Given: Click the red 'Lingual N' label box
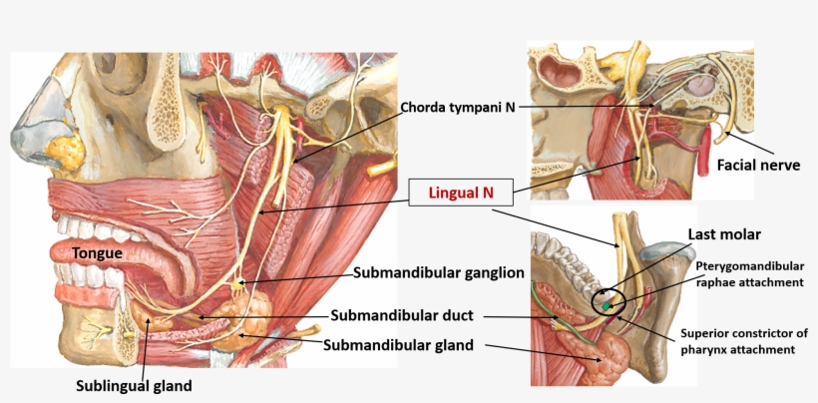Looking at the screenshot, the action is coord(461,193).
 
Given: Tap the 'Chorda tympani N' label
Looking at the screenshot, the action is coord(458,108).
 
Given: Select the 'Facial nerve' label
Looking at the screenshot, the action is coord(758,166).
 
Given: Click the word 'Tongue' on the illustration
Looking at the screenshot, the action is coord(98,254).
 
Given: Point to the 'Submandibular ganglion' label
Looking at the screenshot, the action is coord(438,272).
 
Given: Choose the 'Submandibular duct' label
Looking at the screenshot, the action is coord(402,315).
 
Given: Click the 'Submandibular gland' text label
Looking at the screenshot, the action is coord(398,344).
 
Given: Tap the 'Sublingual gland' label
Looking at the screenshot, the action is coord(134,386).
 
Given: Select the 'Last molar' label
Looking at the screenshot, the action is coord(723,234).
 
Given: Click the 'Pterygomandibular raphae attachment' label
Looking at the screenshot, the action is coord(749,274).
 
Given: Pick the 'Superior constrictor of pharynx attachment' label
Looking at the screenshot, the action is coord(745,341).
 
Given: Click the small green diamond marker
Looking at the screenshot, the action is coord(606,306).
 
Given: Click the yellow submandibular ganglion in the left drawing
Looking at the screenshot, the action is coord(238,284).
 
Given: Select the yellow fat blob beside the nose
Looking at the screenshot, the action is coord(65,150).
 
